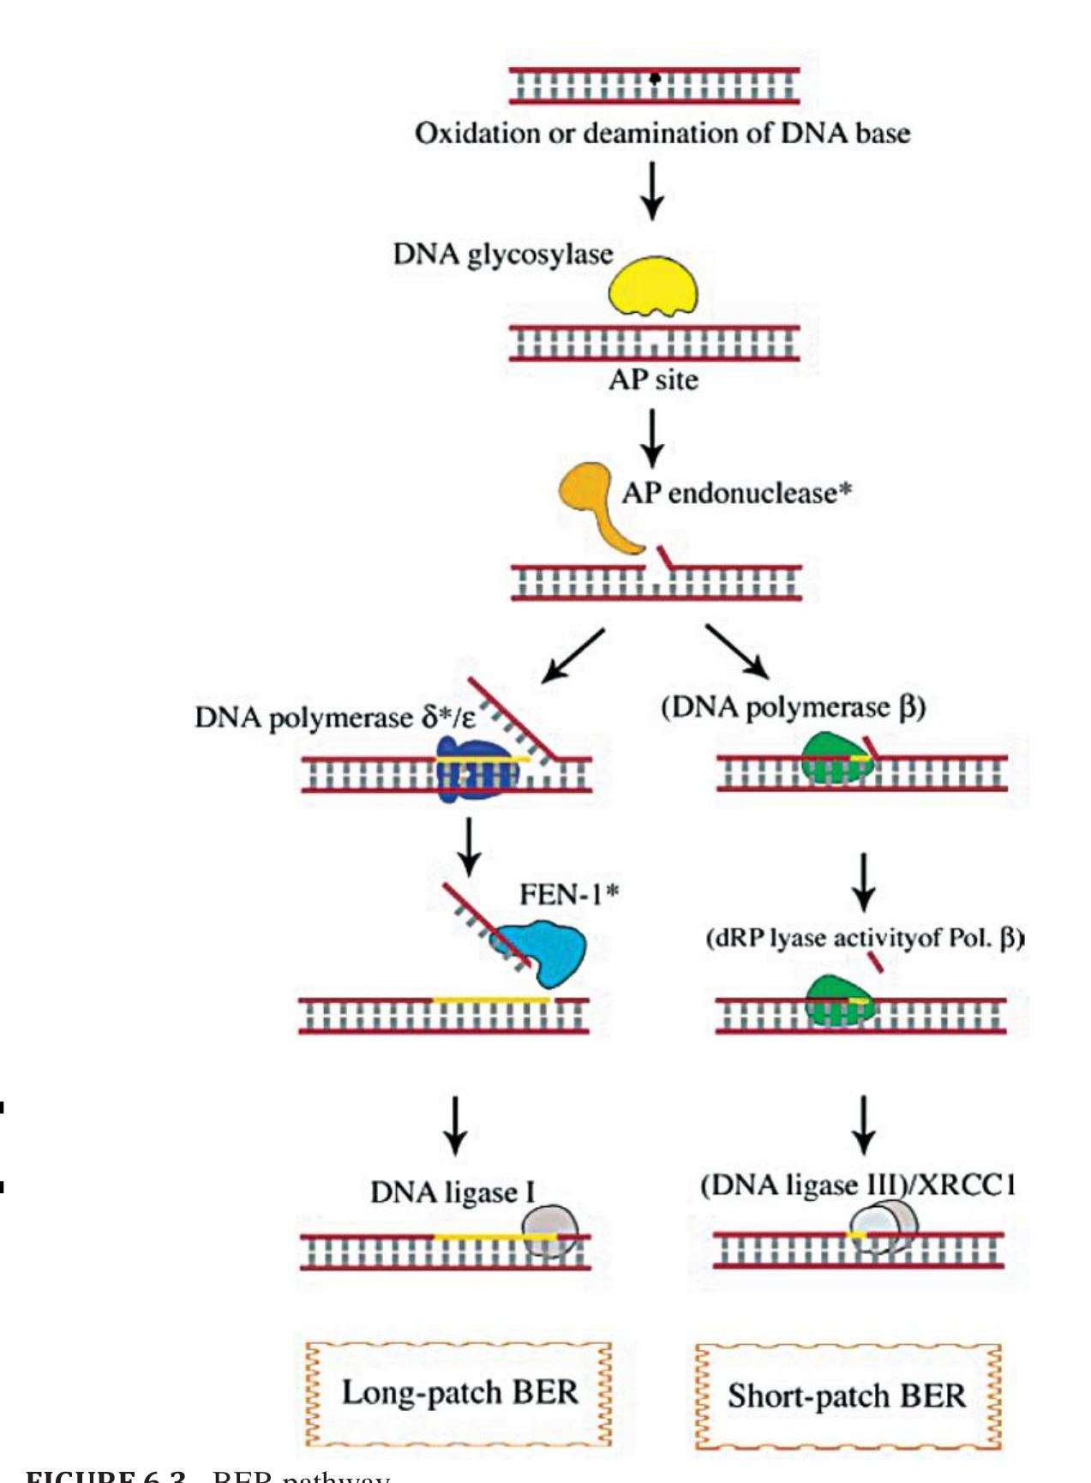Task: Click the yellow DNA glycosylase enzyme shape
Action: tap(652, 286)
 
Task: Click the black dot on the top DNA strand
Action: tap(655, 78)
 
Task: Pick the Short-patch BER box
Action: tap(847, 1396)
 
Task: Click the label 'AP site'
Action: tap(653, 380)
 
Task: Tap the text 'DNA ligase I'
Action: tap(452, 1192)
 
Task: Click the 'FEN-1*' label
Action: tap(568, 895)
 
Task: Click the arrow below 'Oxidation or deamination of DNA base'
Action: tap(653, 190)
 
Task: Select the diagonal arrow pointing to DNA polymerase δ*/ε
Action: tap(572, 656)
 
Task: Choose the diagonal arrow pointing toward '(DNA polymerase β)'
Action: tap(736, 651)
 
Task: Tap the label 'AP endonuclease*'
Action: tap(736, 493)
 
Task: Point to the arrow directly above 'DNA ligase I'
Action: tap(455, 1126)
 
